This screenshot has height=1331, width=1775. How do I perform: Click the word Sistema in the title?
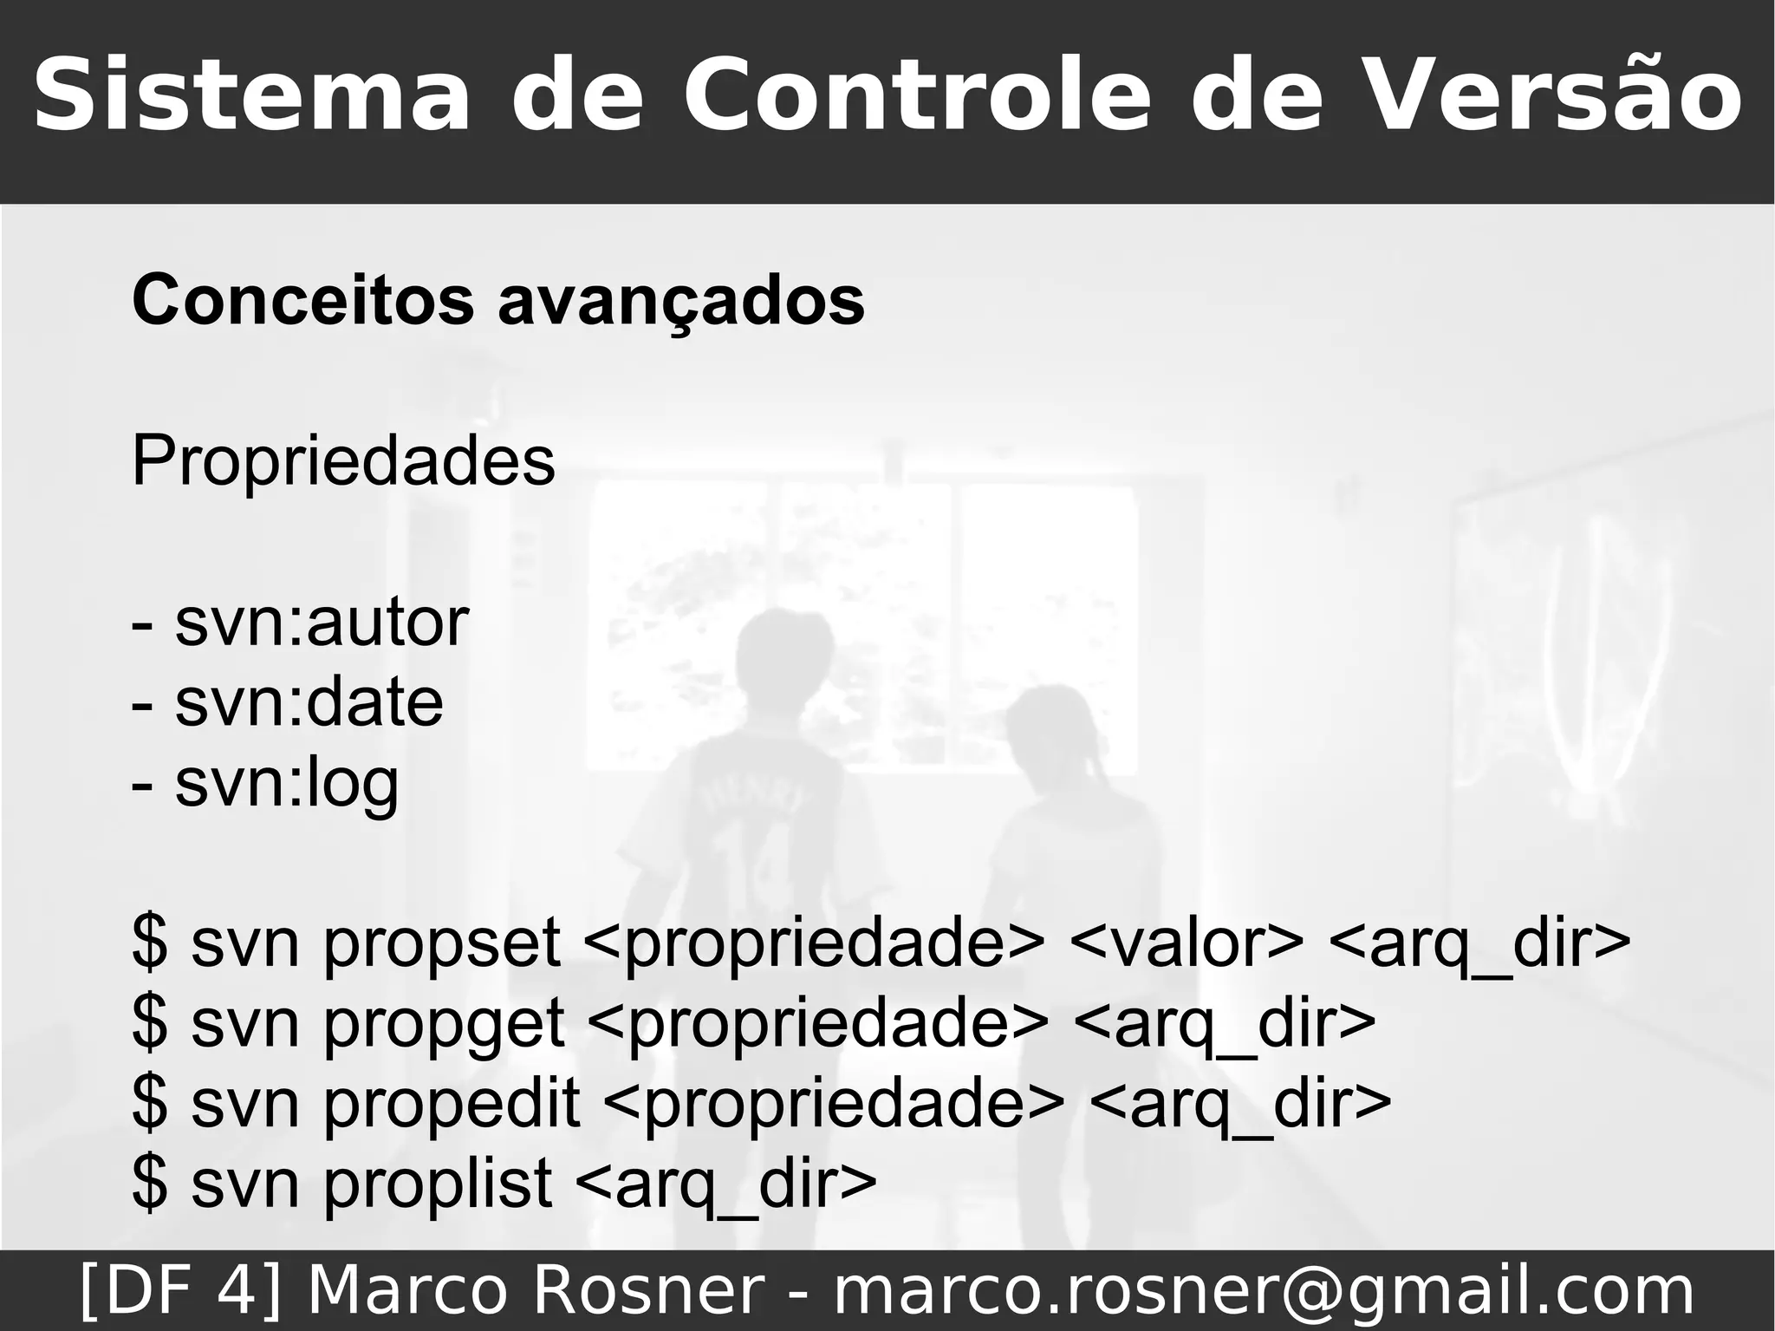click(x=251, y=95)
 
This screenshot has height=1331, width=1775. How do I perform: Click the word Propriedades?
click(x=343, y=461)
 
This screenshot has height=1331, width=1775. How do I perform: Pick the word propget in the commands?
click(x=444, y=1023)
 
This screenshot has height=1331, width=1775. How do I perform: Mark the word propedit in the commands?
click(x=451, y=1103)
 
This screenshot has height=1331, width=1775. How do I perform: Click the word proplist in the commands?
click(x=438, y=1183)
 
